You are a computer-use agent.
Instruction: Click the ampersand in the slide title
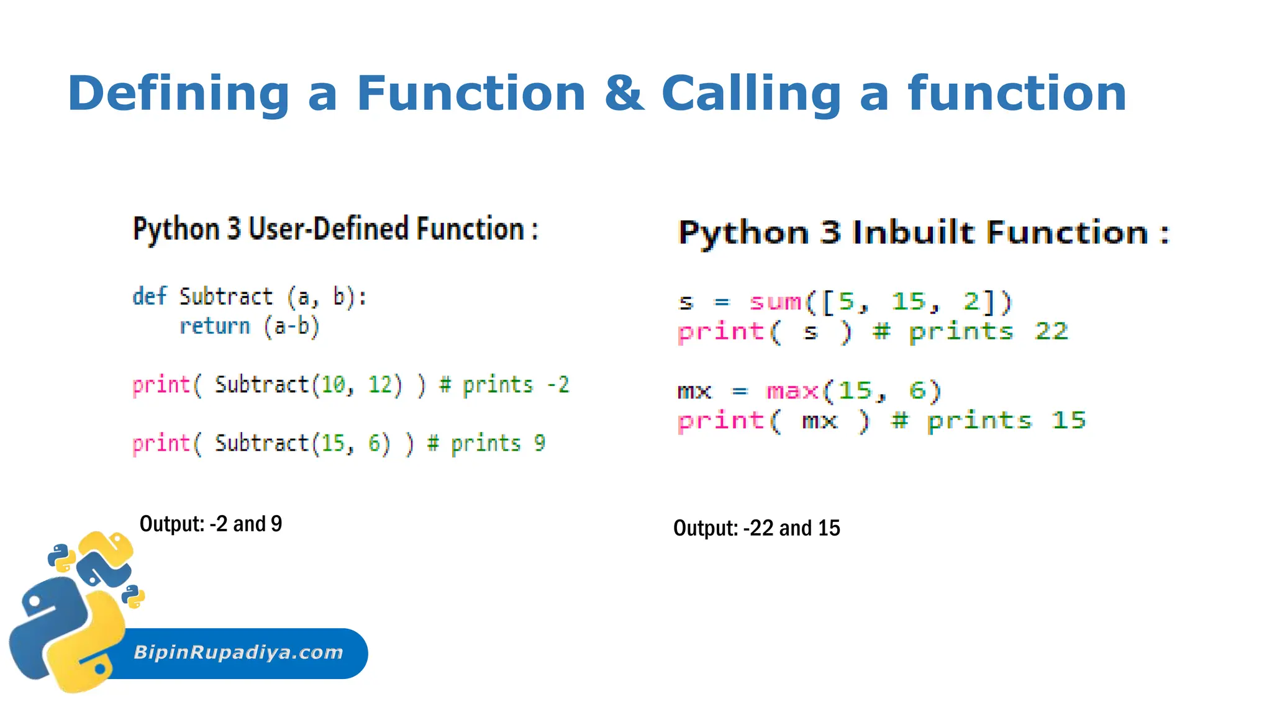point(624,93)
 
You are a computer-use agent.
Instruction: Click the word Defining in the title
point(179,93)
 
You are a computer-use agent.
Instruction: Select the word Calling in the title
point(751,93)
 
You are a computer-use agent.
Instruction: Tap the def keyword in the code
point(149,297)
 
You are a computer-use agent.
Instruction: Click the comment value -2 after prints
point(558,385)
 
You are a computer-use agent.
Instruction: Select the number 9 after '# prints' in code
point(539,443)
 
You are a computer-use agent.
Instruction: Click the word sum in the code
point(776,302)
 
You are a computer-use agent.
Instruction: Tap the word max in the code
point(793,391)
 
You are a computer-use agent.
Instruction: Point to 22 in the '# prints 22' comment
point(1051,331)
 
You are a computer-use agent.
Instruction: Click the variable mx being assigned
point(694,392)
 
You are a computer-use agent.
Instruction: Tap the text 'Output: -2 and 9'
point(211,524)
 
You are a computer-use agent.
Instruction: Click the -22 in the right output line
point(758,528)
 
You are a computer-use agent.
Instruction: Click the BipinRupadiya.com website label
point(238,652)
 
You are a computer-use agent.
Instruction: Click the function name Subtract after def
point(226,297)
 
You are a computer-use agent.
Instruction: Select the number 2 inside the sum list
point(971,302)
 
